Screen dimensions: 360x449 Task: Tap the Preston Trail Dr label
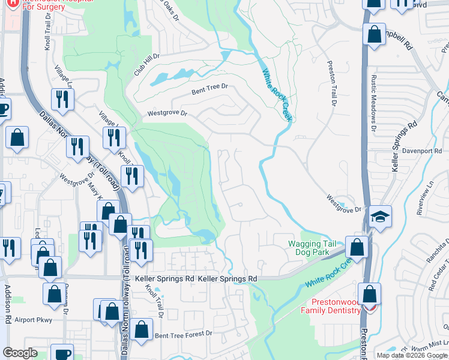[331, 84]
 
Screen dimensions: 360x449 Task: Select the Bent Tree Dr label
[210, 89]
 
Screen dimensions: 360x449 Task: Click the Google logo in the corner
[20, 353]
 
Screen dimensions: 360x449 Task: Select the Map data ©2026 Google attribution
[412, 355]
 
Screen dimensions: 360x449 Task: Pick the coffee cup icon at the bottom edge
[62, 353]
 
